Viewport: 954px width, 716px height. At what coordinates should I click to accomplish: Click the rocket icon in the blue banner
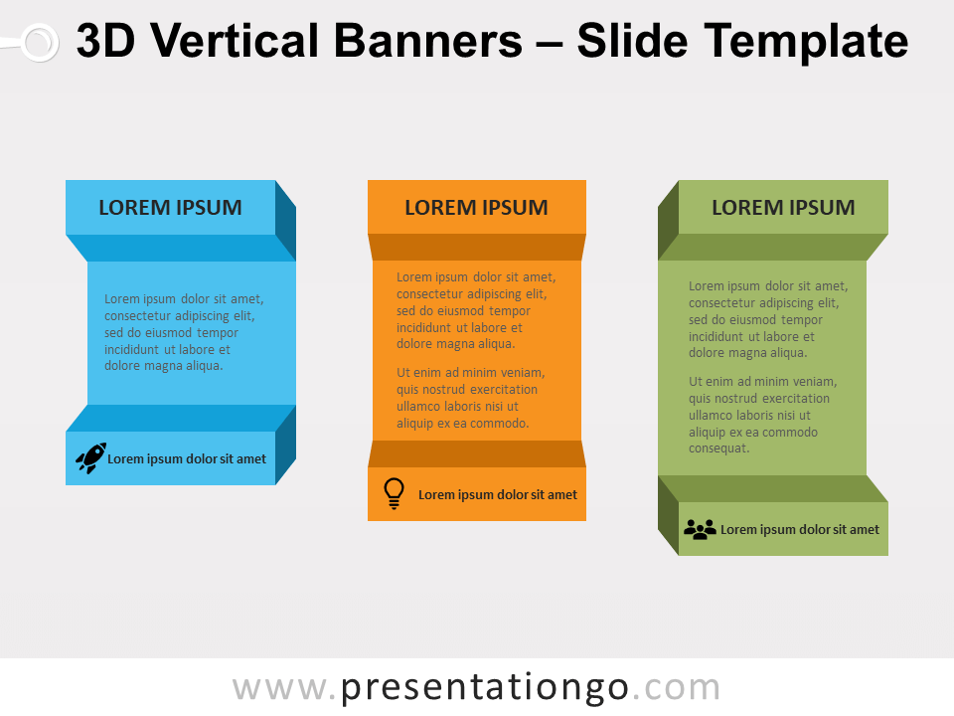(x=90, y=457)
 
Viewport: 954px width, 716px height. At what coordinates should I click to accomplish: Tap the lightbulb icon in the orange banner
(x=394, y=493)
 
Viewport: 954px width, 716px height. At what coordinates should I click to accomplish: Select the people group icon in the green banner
(x=700, y=529)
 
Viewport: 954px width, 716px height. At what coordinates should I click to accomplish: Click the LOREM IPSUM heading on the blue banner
(x=170, y=208)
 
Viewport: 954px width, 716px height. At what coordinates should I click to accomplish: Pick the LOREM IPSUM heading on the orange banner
(x=476, y=208)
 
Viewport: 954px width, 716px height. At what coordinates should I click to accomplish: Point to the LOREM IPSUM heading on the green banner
(x=784, y=208)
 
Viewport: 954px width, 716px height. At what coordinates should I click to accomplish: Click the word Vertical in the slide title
(x=235, y=41)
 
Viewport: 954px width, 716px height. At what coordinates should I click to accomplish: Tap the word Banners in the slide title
(x=428, y=41)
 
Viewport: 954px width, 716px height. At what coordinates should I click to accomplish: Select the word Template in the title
(x=806, y=42)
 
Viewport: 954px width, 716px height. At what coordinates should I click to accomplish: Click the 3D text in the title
(x=105, y=41)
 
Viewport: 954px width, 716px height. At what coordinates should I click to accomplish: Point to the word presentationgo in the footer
(x=484, y=688)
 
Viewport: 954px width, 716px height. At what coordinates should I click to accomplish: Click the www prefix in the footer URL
(x=280, y=689)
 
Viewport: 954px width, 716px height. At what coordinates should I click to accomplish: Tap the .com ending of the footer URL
(x=677, y=688)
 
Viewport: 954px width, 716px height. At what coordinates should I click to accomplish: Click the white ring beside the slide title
(x=40, y=43)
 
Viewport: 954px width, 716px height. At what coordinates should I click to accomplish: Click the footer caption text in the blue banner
(x=187, y=459)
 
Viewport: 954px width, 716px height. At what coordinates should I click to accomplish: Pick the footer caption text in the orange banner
(x=498, y=495)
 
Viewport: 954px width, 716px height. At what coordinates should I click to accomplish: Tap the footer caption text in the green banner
(x=800, y=530)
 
